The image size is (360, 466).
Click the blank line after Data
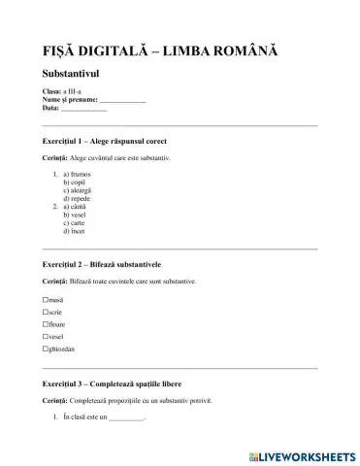pyautogui.click(x=83, y=109)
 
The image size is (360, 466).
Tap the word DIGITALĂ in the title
pyautogui.click(x=126, y=49)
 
